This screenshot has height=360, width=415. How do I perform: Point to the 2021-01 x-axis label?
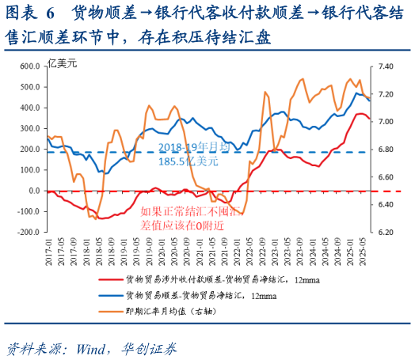200,252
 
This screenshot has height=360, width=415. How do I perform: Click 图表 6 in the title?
32,13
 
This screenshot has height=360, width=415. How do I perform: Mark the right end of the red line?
369,119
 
